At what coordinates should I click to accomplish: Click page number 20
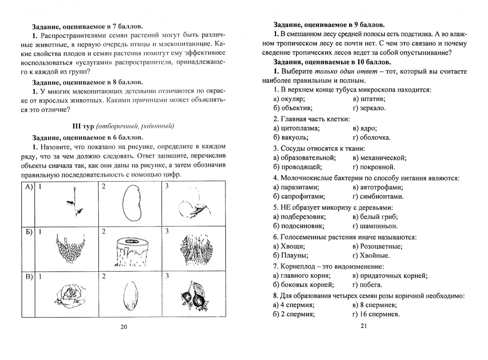tap(124, 327)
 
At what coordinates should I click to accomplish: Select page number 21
tap(363, 326)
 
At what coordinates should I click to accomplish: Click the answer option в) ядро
tap(365, 128)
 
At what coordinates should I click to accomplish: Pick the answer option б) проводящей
tap(297, 167)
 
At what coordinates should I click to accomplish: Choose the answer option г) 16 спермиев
tap(376, 314)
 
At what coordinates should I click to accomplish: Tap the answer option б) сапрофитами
tap(299, 197)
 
